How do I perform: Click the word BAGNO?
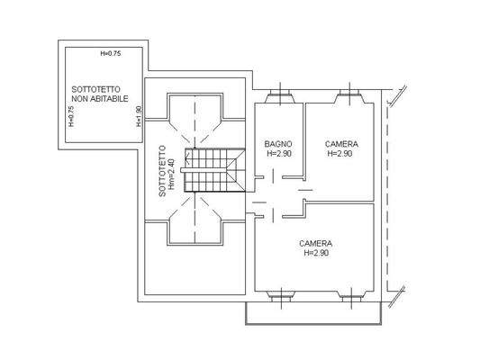(277, 144)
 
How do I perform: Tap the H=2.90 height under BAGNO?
(280, 154)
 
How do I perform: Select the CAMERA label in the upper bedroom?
(341, 144)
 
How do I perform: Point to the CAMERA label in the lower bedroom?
(316, 243)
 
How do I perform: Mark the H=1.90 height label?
(139, 117)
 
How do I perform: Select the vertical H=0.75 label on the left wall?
(70, 117)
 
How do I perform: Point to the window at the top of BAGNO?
(280, 94)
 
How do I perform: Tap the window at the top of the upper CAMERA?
(347, 94)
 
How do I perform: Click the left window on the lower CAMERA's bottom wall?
(280, 294)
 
